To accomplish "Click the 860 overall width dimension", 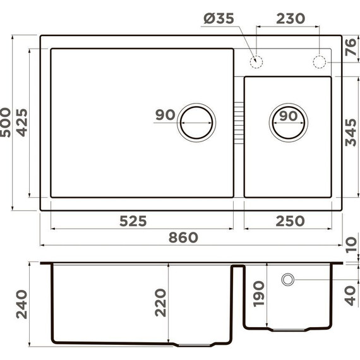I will coord(183,237).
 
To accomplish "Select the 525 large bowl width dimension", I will coord(133,220).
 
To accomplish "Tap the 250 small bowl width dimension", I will coord(290,220).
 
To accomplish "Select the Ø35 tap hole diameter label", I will coord(219,20).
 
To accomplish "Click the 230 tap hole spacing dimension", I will coord(291,20).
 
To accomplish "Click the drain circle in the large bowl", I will coord(197,120).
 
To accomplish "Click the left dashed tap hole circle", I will coord(256,62).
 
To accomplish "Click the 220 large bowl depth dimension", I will coord(160,303).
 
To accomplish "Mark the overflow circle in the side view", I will coord(287,279).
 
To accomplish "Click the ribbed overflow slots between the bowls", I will coord(238,120).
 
